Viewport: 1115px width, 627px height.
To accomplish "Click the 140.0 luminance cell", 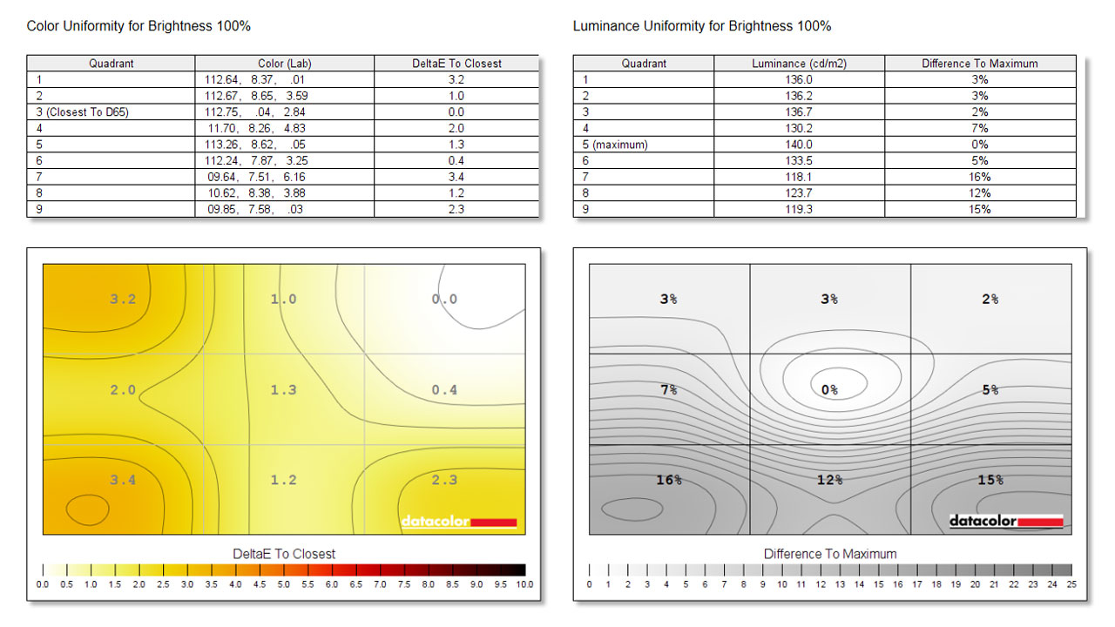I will [799, 145].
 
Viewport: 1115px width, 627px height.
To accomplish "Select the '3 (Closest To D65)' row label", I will [83, 112].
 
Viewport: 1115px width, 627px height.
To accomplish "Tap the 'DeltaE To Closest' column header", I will [456, 64].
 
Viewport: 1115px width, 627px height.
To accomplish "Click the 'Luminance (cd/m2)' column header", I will [799, 64].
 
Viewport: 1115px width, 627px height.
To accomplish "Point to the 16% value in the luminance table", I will [980, 177].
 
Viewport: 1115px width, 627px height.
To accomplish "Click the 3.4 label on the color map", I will [123, 480].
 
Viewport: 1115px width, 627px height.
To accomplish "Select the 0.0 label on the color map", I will [444, 300].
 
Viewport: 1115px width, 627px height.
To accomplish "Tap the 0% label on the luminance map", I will [829, 390].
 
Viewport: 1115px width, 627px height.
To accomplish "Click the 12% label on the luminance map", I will [829, 480].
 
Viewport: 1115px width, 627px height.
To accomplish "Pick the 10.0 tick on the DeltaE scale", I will [524, 584].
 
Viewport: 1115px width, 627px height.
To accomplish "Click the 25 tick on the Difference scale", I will [1071, 584].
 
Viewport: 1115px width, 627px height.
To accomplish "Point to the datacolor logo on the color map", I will [458, 522].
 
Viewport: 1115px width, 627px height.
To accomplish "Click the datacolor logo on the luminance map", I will [1006, 521].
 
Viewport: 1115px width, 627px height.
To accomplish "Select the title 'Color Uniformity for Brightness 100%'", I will [139, 26].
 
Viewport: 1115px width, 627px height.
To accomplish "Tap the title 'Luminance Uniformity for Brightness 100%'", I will [702, 26].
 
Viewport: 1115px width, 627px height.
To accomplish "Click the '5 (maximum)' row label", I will [615, 145].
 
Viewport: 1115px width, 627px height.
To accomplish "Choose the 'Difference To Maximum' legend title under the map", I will [829, 554].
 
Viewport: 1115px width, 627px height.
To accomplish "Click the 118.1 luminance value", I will [799, 177].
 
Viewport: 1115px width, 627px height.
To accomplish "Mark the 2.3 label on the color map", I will [444, 480].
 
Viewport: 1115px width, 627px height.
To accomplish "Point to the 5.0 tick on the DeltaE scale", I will [284, 584].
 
